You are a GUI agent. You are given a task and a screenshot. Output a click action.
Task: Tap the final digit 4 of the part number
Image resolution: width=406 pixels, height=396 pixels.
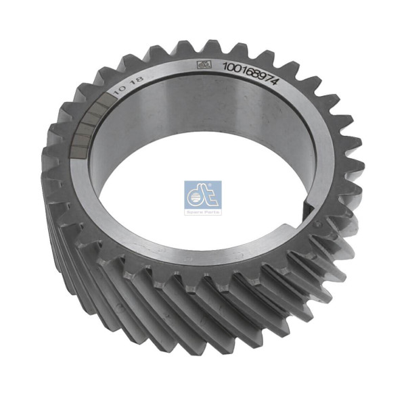point(276,80)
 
